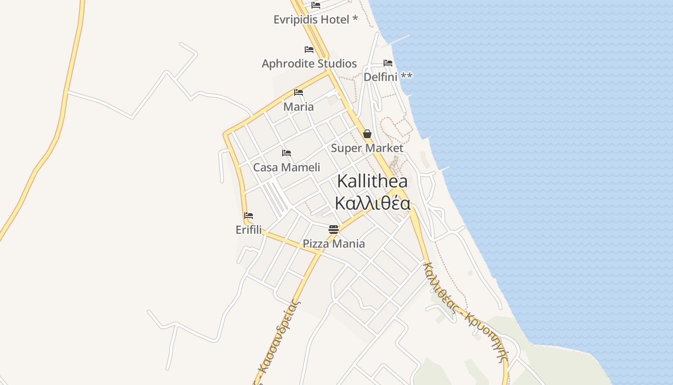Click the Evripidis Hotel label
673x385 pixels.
point(315,20)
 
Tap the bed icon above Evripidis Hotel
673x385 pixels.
point(316,5)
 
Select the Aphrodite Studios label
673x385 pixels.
point(309,64)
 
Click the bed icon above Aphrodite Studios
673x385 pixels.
point(309,50)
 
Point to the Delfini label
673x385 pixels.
point(388,77)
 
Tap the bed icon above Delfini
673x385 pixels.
point(388,63)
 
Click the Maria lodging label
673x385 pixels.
point(299,106)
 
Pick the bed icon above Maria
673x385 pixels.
point(299,92)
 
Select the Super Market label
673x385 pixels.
point(367,148)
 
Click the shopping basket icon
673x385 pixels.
point(367,134)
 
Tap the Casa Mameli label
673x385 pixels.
point(287,167)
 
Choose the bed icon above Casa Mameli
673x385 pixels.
point(287,153)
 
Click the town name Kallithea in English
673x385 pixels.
point(372,181)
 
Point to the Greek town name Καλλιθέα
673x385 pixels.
point(373,204)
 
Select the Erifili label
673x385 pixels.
point(249,230)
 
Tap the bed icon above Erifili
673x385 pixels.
point(249,216)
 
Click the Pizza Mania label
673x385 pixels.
point(334,244)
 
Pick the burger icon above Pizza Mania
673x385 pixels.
point(334,229)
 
